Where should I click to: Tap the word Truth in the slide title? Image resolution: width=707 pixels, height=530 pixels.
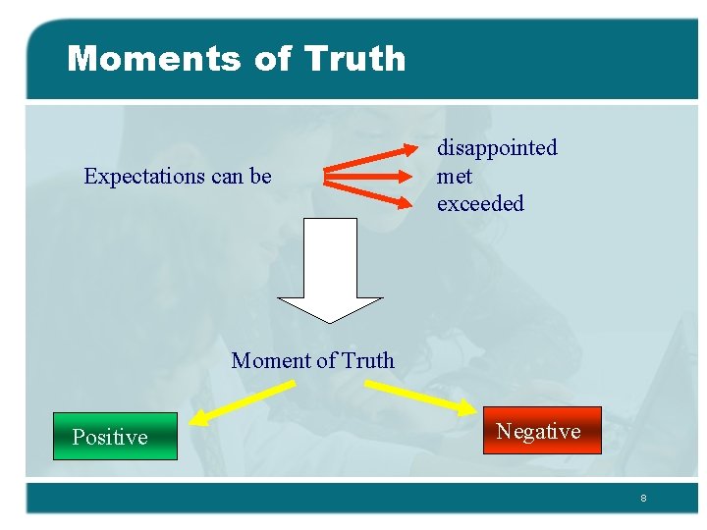(x=355, y=59)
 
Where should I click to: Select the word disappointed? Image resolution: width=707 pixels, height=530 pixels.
(x=497, y=148)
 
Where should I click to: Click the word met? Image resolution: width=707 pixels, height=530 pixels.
(x=455, y=177)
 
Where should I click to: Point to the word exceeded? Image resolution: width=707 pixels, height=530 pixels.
(x=480, y=204)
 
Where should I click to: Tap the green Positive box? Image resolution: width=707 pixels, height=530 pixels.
(x=115, y=437)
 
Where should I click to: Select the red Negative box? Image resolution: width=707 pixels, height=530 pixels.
(x=541, y=431)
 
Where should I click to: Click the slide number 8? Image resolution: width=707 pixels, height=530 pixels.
(x=643, y=499)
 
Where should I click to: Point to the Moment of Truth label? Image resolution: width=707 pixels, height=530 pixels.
(x=312, y=361)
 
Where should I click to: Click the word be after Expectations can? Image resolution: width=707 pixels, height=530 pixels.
(x=260, y=177)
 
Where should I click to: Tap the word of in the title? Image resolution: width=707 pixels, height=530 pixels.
(x=273, y=59)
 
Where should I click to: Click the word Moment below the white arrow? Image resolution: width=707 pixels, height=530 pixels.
(x=268, y=361)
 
